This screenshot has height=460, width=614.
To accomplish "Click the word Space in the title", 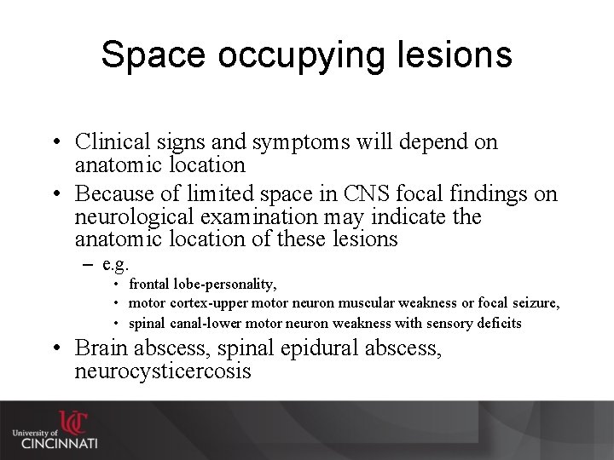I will [154, 55].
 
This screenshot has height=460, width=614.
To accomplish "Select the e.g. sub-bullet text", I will [115, 264].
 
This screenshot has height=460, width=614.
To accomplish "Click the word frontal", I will [148, 285].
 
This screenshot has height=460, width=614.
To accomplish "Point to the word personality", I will [243, 285].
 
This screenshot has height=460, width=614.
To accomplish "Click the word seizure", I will [534, 304].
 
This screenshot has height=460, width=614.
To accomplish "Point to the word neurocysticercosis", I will [163, 371].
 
